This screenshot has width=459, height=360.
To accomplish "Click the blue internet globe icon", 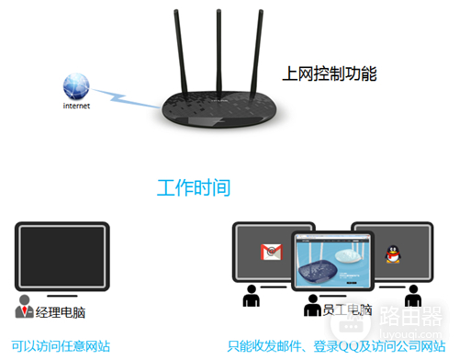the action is [x=76, y=87].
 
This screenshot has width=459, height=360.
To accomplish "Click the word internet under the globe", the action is [x=76, y=106].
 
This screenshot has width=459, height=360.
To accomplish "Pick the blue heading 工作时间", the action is [x=193, y=188].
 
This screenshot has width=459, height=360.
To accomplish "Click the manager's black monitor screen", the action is [x=62, y=253].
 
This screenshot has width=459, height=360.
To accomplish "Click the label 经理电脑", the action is [x=61, y=312].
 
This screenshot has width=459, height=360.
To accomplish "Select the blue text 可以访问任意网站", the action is [x=62, y=346].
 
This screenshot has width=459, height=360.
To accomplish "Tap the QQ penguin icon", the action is [x=393, y=252].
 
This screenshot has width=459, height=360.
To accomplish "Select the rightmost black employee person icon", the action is [x=413, y=297].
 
